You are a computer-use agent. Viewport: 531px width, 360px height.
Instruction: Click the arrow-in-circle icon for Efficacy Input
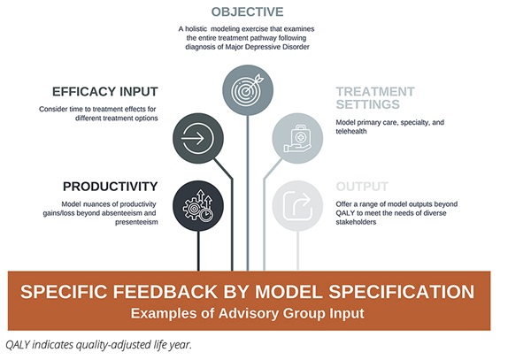point(200,139)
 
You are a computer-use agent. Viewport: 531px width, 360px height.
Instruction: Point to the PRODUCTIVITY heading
point(110,187)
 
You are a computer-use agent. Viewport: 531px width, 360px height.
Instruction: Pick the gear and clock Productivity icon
point(199,206)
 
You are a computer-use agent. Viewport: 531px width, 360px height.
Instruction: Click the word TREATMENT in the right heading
point(375,91)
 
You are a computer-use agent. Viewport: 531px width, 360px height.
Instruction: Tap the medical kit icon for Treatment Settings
point(299,138)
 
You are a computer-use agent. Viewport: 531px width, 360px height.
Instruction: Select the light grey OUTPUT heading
point(362,187)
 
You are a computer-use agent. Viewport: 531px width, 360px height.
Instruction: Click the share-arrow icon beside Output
point(299,206)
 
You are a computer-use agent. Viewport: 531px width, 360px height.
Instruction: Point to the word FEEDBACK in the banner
point(199,292)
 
